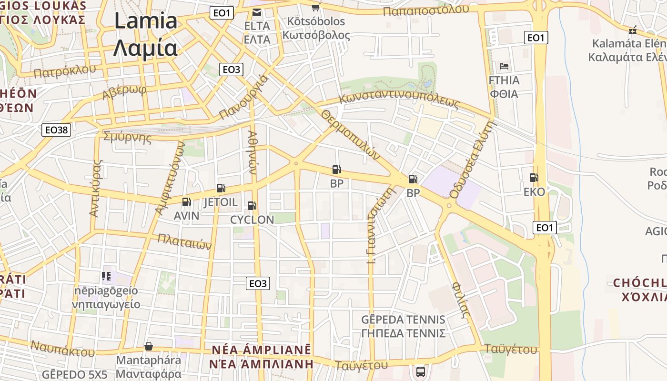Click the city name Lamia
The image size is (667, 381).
146,21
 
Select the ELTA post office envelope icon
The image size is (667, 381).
257,12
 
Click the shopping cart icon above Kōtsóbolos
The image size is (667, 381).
315,7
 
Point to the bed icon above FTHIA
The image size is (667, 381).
504,66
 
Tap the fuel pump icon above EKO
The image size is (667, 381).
534,178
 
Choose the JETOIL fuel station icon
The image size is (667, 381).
221,188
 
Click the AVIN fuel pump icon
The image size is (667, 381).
186,202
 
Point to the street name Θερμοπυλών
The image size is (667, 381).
351,135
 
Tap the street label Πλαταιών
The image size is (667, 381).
184,241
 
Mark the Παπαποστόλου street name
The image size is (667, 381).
426,10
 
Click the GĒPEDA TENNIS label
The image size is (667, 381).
403,320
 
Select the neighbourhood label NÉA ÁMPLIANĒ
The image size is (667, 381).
261,350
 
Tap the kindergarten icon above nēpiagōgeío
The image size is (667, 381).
106,276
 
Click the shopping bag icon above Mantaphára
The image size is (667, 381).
149,346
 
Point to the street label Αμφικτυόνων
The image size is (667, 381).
169,180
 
